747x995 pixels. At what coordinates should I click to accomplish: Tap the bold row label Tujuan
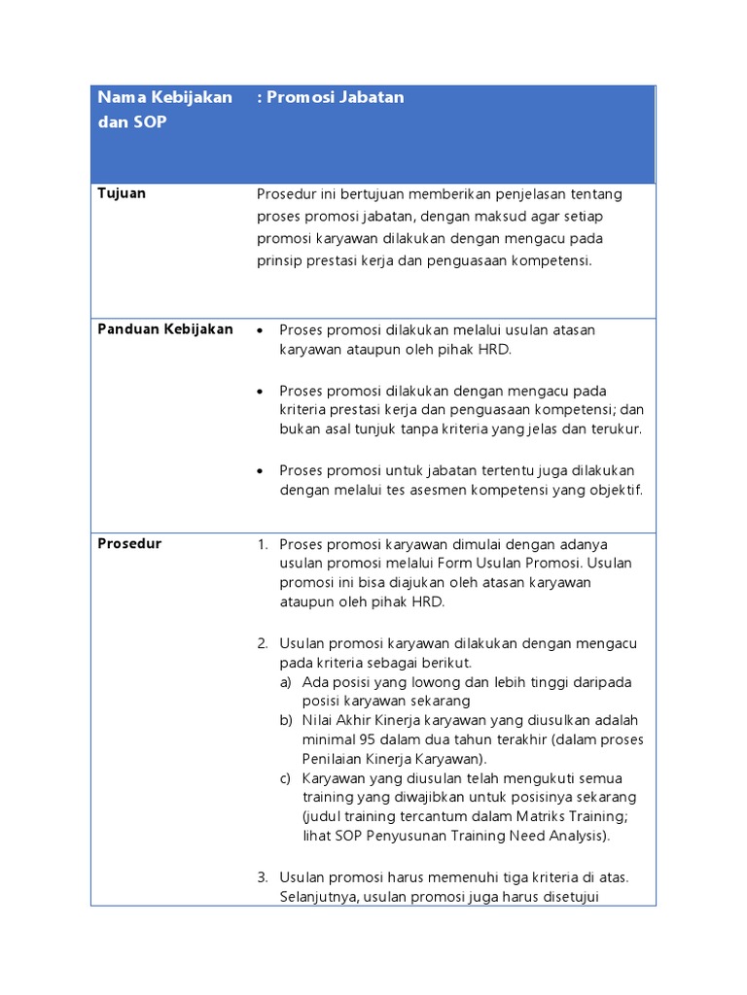122,193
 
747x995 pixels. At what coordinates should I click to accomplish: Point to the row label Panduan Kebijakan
165,329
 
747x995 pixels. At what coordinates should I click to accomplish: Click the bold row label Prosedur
129,544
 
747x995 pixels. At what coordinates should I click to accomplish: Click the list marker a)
285,682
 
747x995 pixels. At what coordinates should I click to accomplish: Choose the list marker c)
285,778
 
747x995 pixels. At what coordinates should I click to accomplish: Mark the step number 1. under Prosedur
263,544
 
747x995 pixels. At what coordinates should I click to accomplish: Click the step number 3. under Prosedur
263,877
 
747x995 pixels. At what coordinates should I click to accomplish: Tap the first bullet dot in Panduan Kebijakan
260,330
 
